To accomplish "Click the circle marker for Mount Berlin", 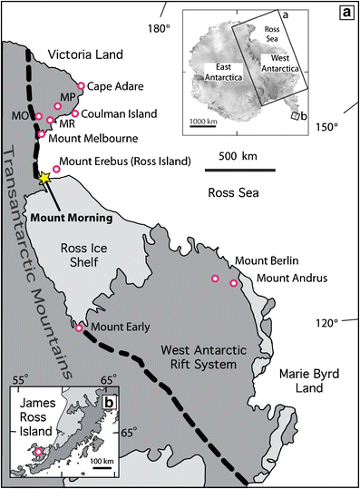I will (215, 279).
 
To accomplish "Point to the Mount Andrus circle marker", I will (234, 284).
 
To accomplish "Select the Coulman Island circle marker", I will (75, 113).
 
